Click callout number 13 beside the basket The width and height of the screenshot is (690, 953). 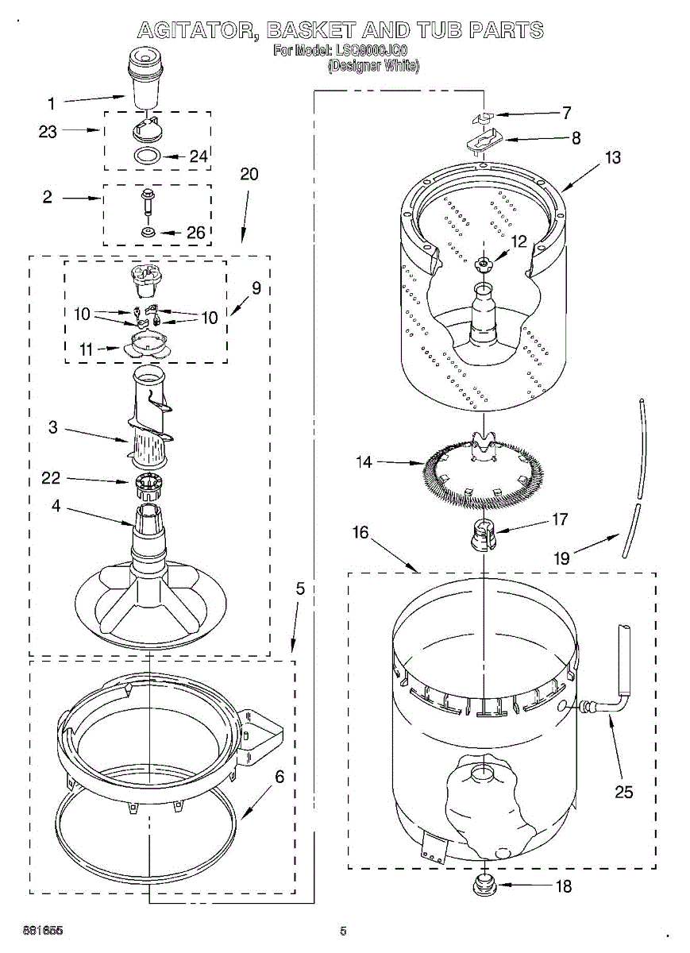(x=612, y=157)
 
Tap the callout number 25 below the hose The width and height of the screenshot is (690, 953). (x=624, y=792)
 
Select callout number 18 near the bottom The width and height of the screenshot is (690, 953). (x=563, y=886)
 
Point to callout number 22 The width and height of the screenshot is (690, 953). (x=51, y=477)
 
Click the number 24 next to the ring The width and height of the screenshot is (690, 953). (x=199, y=156)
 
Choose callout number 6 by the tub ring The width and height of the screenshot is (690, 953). (x=279, y=777)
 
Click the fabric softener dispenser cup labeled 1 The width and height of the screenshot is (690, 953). (x=145, y=80)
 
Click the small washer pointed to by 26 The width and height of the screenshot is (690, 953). (x=148, y=232)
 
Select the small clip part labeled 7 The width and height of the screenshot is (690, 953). (x=482, y=118)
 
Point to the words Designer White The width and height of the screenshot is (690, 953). (x=373, y=67)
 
